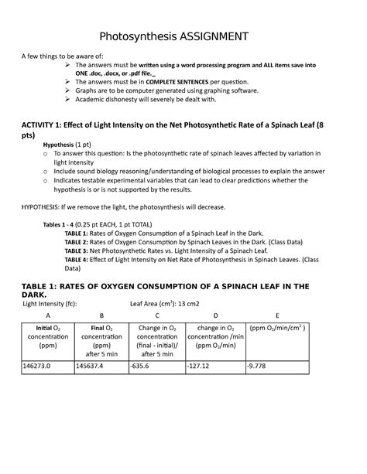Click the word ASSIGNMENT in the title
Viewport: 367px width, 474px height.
point(211,36)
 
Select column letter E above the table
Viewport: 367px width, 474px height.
point(276,316)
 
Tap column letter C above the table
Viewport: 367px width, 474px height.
point(156,316)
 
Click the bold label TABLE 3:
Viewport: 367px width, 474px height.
point(78,251)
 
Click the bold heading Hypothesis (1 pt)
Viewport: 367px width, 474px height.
point(70,145)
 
